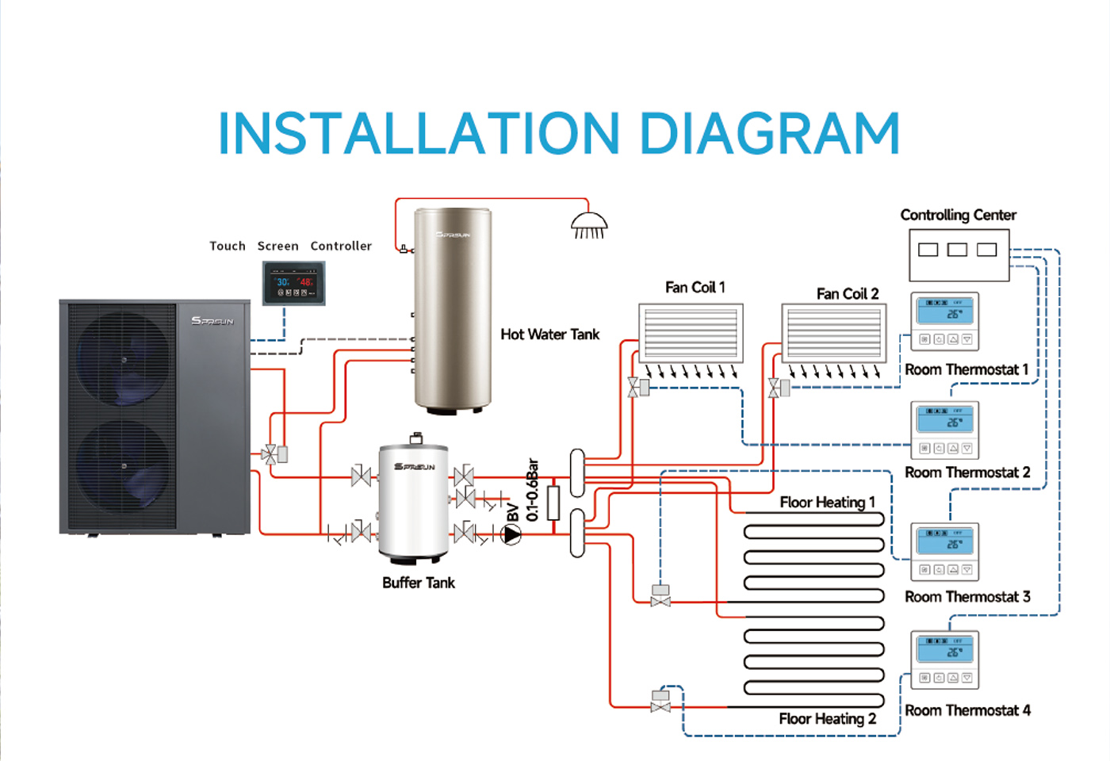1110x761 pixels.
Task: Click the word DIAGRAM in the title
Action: (x=769, y=133)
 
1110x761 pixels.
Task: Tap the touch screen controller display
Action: (x=294, y=283)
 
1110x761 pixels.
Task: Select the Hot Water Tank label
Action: (x=549, y=335)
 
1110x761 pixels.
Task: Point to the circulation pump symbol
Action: (x=512, y=535)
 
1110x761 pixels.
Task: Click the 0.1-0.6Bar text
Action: (x=533, y=489)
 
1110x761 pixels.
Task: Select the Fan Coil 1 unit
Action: (x=691, y=333)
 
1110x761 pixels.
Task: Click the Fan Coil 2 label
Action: (x=848, y=294)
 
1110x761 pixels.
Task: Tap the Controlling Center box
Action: (x=959, y=255)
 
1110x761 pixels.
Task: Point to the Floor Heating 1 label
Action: (x=827, y=503)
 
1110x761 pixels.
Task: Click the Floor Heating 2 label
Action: (x=827, y=719)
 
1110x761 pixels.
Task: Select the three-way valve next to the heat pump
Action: (x=270, y=455)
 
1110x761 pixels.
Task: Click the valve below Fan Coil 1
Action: (x=634, y=388)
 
